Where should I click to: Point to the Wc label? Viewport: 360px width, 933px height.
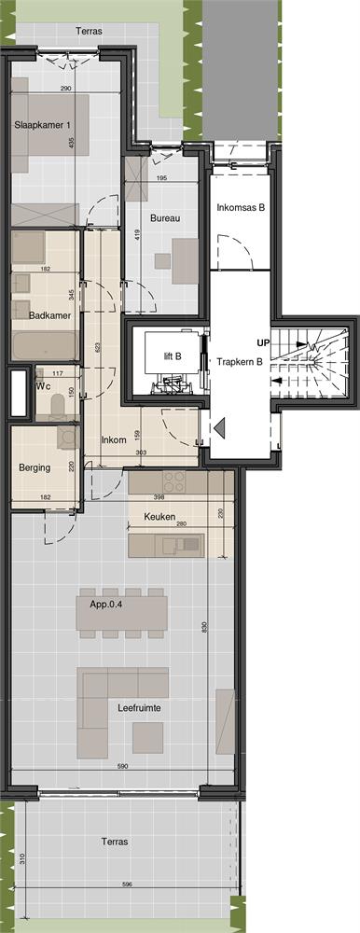tap(42, 383)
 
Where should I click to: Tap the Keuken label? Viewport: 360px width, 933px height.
tap(160, 515)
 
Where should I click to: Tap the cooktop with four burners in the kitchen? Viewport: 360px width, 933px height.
tap(175, 482)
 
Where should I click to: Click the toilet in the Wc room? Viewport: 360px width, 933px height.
tap(58, 406)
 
